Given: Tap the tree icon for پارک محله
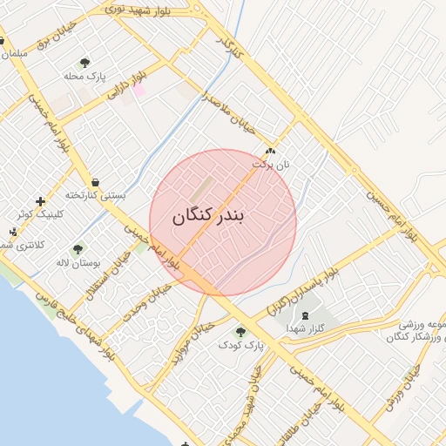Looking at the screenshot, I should (x=84, y=63).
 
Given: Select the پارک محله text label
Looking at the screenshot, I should (x=85, y=77).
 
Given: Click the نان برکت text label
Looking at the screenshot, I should (x=271, y=163).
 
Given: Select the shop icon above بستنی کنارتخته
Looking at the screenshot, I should (x=94, y=183).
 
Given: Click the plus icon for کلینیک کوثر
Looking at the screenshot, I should (x=40, y=201).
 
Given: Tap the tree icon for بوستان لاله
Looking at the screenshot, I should (x=78, y=249).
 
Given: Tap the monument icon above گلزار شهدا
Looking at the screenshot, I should (x=304, y=315).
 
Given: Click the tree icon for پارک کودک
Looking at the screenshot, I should (x=240, y=332).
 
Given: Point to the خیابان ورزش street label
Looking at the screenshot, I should (x=403, y=383).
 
